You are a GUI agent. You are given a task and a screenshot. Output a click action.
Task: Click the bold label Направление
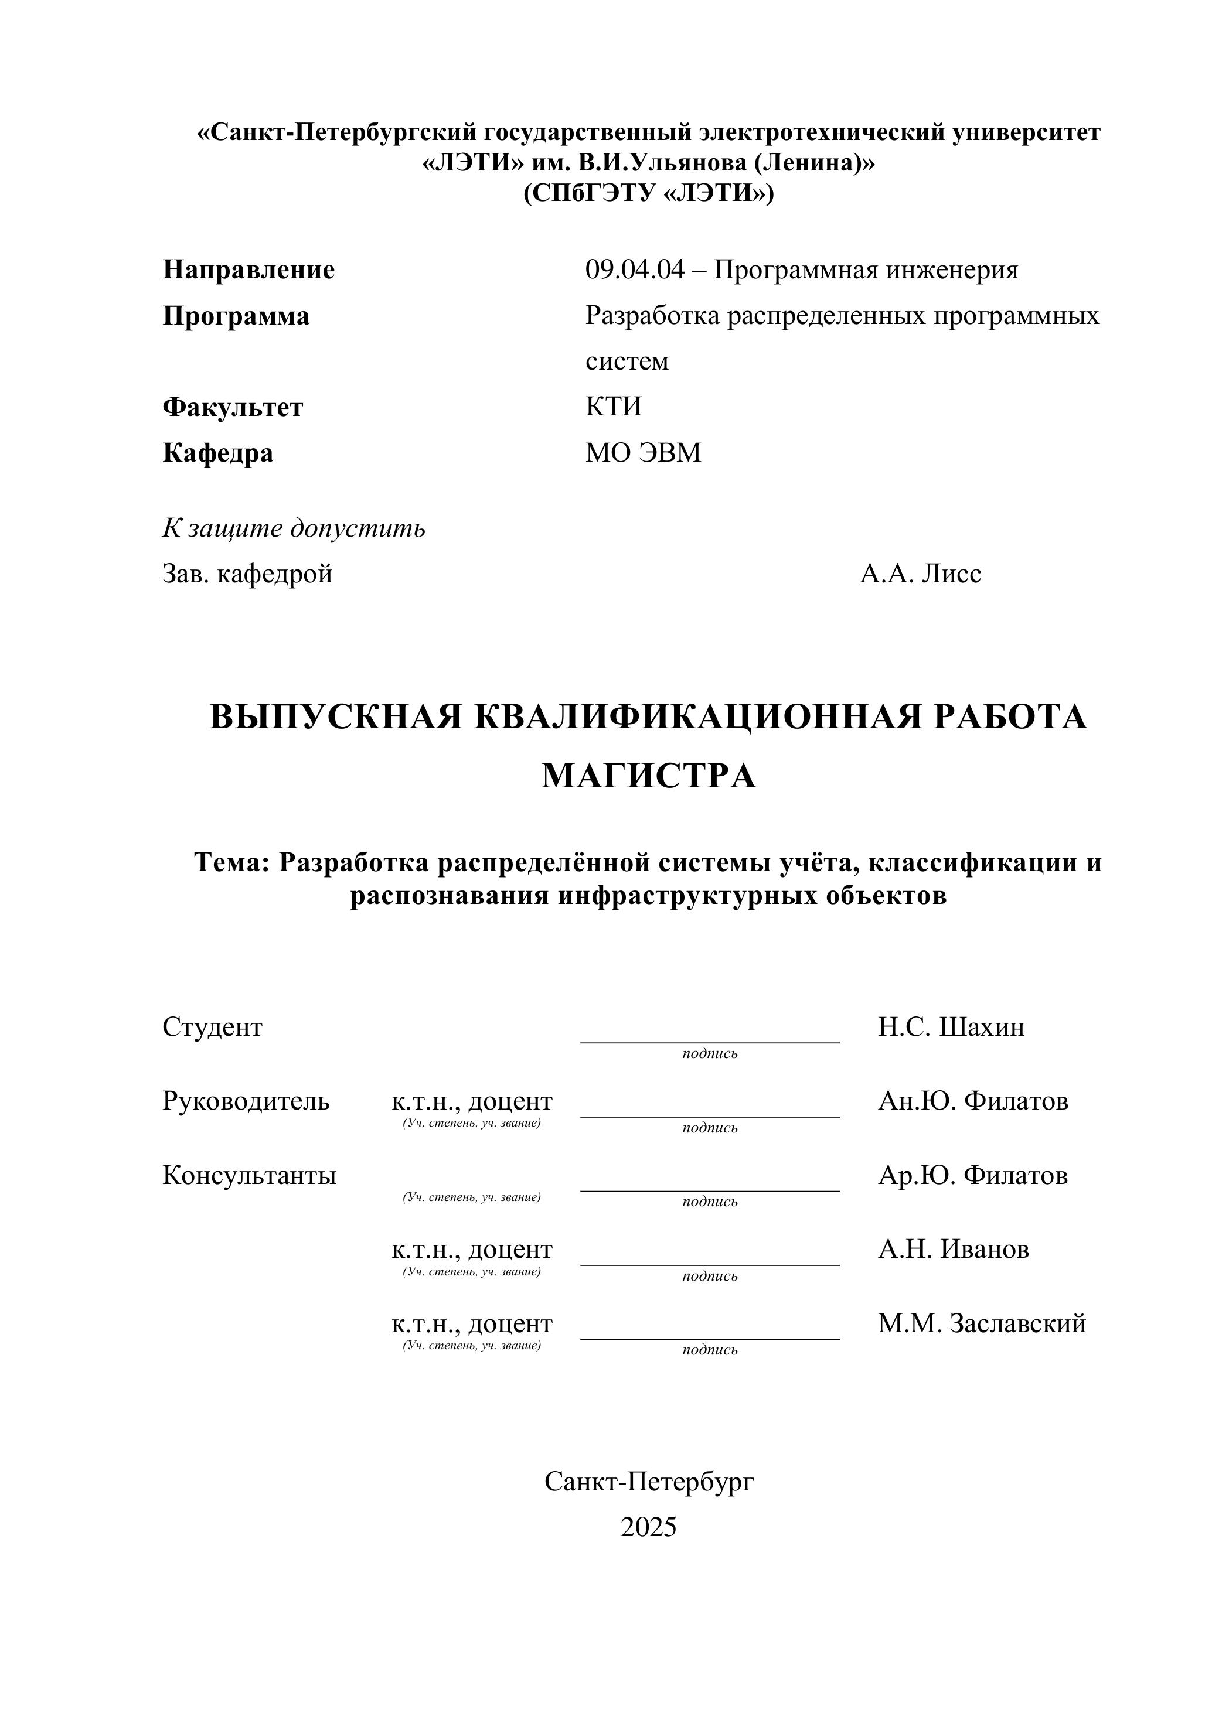248,269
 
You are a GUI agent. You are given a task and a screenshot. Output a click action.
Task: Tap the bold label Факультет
233,407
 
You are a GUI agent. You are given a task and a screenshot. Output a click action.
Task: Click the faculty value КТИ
614,407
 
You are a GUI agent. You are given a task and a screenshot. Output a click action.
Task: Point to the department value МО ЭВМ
644,453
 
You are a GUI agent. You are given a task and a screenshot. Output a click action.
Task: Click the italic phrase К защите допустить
294,528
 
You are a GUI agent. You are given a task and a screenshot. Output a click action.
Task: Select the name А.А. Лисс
920,574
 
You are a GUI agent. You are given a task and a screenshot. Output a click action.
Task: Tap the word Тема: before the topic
231,862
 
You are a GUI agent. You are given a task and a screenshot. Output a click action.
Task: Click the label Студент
213,1028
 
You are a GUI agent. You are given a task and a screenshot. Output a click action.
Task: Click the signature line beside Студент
710,1042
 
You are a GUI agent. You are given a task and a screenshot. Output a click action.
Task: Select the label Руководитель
246,1101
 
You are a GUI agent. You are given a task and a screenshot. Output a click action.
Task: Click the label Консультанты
249,1175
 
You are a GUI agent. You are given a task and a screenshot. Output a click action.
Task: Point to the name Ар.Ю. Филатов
972,1175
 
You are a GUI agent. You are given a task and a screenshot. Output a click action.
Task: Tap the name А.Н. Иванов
953,1249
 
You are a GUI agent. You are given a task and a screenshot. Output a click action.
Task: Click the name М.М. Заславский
982,1323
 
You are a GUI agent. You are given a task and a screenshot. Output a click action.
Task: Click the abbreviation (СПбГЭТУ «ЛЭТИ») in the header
649,193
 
